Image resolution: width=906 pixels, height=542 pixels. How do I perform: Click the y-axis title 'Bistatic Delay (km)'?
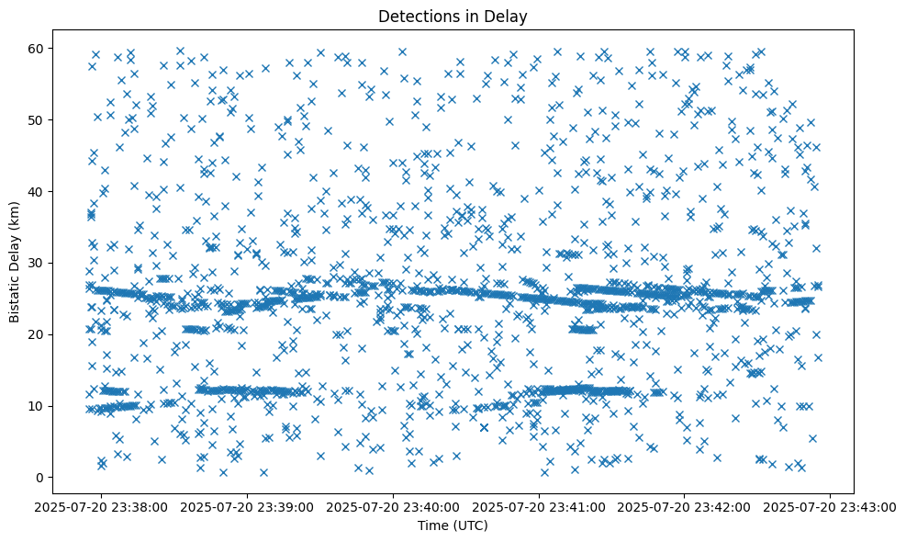point(16,260)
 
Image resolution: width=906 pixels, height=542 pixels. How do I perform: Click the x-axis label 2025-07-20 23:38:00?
point(103,507)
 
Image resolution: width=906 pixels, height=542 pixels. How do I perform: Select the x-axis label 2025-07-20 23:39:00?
point(248,507)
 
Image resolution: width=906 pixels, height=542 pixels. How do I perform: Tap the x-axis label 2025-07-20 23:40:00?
point(394,507)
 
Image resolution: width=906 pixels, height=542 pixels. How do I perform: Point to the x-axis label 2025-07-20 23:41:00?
point(540,507)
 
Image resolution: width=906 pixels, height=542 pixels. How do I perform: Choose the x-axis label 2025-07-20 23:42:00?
point(685,507)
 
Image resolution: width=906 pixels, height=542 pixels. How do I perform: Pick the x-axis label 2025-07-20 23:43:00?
point(831,507)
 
